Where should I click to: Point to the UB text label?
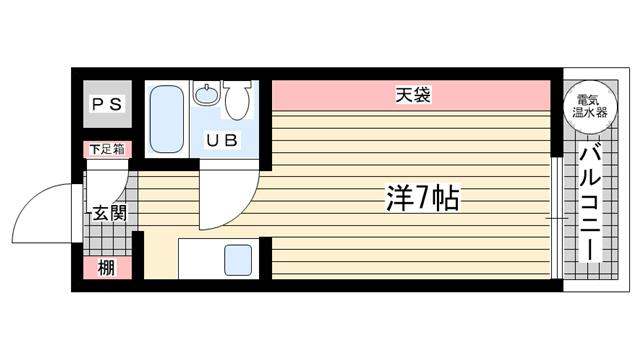(x=222, y=141)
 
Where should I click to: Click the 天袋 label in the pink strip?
(x=411, y=96)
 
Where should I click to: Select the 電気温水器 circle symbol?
(x=587, y=106)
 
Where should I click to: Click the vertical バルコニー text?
(x=588, y=205)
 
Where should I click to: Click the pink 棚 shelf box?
(x=106, y=268)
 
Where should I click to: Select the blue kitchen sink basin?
(x=237, y=261)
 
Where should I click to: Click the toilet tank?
(x=237, y=87)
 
